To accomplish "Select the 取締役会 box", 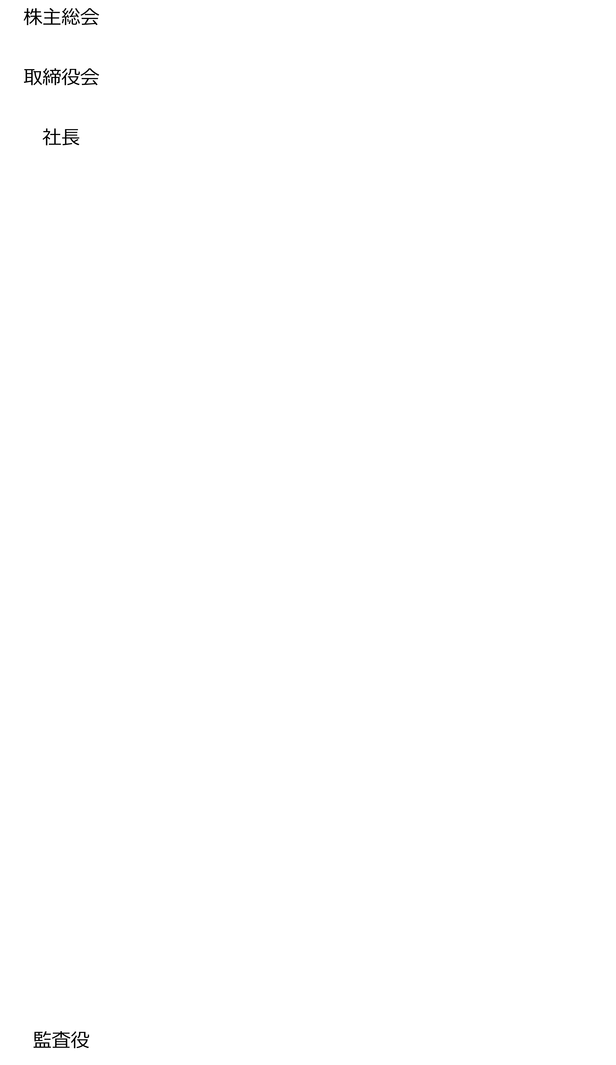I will (61, 79).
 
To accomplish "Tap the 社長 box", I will (61, 139).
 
